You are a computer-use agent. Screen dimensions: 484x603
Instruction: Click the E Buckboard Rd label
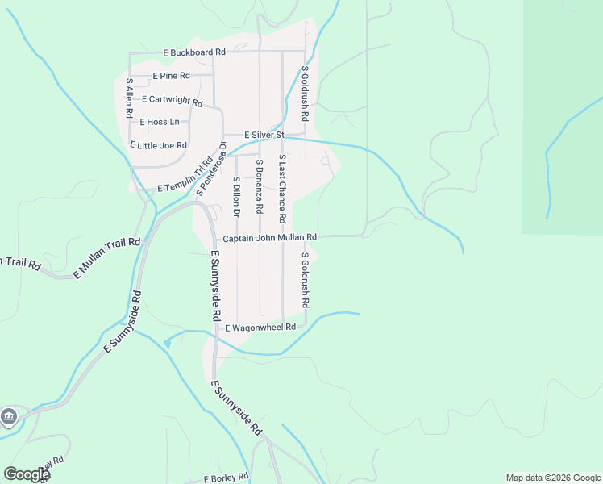tap(193, 52)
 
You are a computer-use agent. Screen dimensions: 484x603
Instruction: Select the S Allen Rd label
tap(129, 99)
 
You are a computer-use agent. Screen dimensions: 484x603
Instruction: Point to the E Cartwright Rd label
tap(172, 100)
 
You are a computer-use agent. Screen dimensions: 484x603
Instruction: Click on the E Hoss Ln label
tap(160, 123)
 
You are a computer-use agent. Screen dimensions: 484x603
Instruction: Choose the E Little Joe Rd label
tap(159, 145)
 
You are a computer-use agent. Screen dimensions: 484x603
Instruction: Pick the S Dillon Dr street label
tap(236, 198)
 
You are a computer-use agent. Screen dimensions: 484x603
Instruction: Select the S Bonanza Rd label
tap(259, 186)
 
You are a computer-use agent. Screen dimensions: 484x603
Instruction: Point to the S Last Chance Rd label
tap(282, 189)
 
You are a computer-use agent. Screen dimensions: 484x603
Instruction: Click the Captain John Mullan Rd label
tap(269, 238)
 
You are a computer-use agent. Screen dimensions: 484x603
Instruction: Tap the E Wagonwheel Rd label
tap(260, 328)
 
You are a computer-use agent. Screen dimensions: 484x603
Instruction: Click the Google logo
tap(27, 474)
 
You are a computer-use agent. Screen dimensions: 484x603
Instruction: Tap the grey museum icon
tap(9, 416)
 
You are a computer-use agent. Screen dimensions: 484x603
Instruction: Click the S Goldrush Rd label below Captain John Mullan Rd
tap(306, 280)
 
